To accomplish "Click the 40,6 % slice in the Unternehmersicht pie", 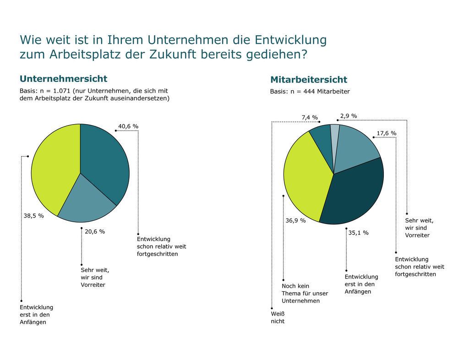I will pyautogui.click(x=105, y=160).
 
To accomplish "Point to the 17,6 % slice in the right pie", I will pyautogui.click(x=357, y=147).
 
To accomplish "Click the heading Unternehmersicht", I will pyautogui.click(x=63, y=78).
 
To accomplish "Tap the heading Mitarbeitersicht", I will pyautogui.click(x=308, y=80).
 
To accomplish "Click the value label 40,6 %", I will pyautogui.click(x=128, y=125).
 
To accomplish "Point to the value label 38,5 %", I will pyautogui.click(x=33, y=215).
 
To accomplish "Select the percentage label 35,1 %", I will pyautogui.click(x=358, y=232).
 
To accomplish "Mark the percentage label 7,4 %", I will pyautogui.click(x=309, y=118).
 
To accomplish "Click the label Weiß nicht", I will pyautogui.click(x=277, y=317).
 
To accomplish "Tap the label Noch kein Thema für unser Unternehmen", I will pyautogui.click(x=300, y=293).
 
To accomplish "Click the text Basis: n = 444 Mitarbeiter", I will pyautogui.click(x=310, y=92).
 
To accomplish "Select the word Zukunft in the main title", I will pyautogui.click(x=171, y=54).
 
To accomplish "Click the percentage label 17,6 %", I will pyautogui.click(x=386, y=133).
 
